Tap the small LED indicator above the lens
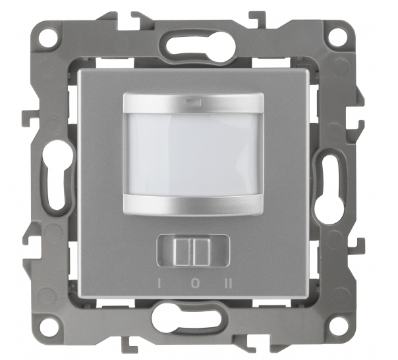click(194, 102)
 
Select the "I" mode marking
click(159, 283)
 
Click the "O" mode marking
click(195, 283)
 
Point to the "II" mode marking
click(229, 283)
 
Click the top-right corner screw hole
click(335, 36)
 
